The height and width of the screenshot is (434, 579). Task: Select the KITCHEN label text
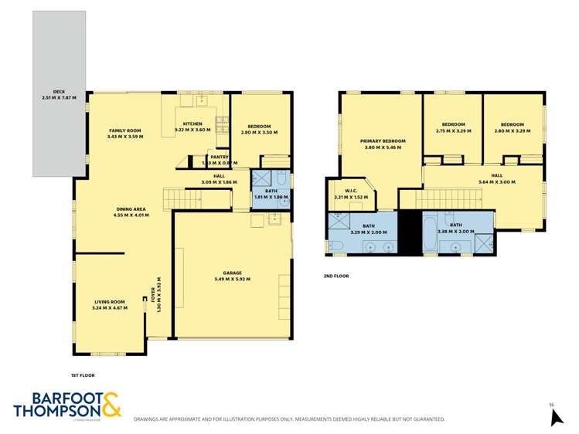[x=192, y=124]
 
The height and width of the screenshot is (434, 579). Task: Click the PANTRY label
[x=219, y=157]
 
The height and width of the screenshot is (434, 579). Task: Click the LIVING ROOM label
[x=110, y=302]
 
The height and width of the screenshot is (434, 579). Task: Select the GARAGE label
[x=233, y=273]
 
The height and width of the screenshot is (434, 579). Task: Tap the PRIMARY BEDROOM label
[x=383, y=141]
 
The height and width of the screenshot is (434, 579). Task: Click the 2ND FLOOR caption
[x=336, y=276]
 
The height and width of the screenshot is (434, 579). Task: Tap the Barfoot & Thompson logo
[x=66, y=405]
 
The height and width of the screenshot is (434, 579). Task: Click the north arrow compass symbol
[x=555, y=417]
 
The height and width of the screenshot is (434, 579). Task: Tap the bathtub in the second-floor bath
[x=428, y=233]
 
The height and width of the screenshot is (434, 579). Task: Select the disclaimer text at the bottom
[x=289, y=419]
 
